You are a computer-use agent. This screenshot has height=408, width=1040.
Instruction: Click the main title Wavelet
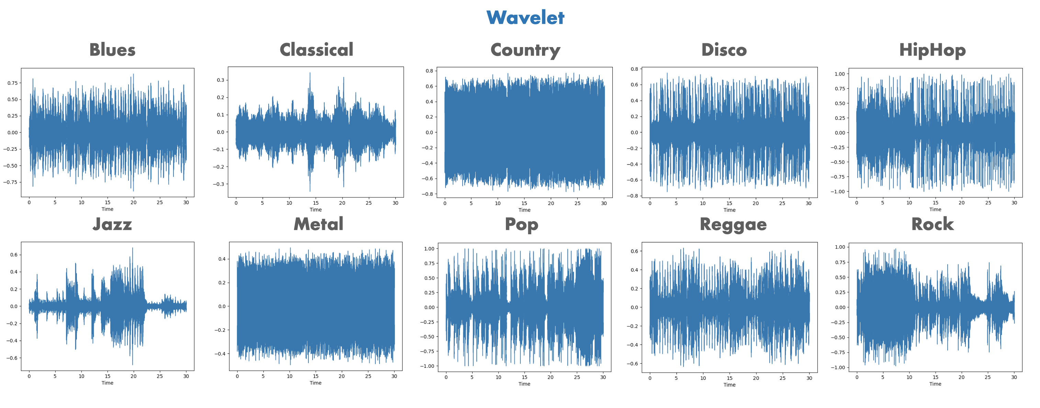(x=525, y=18)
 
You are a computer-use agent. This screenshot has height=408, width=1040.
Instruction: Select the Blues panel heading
(x=112, y=50)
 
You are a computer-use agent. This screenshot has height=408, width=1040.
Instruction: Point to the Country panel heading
(x=525, y=50)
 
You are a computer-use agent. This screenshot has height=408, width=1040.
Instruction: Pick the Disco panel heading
(x=724, y=50)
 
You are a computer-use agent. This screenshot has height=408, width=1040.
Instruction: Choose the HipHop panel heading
(x=932, y=50)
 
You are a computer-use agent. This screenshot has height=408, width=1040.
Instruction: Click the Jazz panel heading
(x=112, y=224)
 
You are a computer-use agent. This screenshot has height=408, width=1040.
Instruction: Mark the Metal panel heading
(x=318, y=224)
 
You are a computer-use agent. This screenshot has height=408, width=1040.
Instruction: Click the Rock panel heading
(x=932, y=224)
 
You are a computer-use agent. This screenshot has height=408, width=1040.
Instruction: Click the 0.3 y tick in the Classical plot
(x=221, y=80)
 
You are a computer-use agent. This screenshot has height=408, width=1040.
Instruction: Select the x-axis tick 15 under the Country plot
(x=524, y=203)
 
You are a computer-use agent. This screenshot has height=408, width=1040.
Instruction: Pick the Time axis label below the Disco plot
(x=729, y=210)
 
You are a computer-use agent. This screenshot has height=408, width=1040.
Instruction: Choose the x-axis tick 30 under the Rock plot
(x=1014, y=377)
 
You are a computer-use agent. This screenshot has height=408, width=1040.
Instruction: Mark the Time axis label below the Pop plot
(x=524, y=384)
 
